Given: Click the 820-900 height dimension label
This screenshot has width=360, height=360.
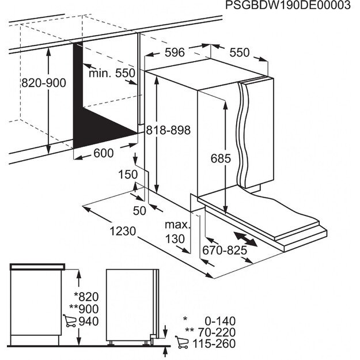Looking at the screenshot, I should click(x=43, y=83).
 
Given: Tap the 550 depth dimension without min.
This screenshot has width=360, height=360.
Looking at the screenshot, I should click(x=240, y=53).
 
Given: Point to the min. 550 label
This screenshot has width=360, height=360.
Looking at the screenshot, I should click(x=112, y=73).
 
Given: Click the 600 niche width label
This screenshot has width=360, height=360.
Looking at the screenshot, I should click(x=103, y=153).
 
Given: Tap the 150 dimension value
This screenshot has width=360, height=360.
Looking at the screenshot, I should click(x=127, y=175).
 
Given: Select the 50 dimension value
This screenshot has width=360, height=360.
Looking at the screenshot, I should click(x=139, y=210).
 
